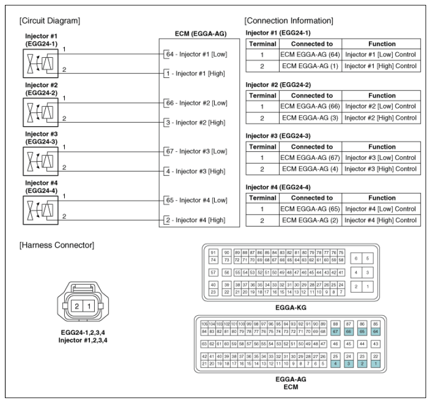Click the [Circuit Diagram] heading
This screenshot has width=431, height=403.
(50, 21)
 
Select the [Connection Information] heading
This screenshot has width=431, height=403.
(289, 21)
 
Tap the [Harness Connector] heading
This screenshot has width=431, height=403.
(57, 246)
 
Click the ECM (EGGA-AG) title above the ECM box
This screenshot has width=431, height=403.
(199, 34)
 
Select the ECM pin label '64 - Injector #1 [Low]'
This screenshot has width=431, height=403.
(196, 54)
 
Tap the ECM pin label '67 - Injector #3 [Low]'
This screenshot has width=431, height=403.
(196, 151)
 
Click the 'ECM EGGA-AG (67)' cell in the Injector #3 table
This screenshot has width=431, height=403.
(310, 157)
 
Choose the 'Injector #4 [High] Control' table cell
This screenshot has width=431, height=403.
(381, 220)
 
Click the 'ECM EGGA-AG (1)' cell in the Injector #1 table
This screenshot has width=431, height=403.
(310, 65)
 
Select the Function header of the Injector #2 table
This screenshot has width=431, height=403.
(381, 95)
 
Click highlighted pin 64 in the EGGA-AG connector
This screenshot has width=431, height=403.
(375, 332)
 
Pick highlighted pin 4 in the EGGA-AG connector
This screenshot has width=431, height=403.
(336, 363)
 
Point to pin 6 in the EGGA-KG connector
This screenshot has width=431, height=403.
(356, 259)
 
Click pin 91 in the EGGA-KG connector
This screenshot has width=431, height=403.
(213, 253)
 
